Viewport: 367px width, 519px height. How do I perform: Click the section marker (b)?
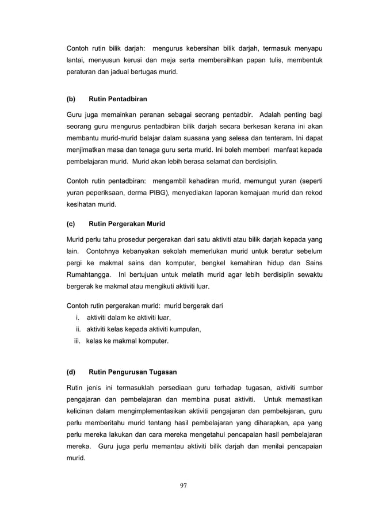tap(71, 99)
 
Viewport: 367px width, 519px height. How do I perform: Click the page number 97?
tap(183, 486)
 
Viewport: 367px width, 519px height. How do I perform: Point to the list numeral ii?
tap(78, 329)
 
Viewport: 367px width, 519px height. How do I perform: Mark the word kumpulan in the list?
tap(183, 329)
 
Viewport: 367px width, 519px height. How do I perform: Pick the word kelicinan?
tap(82, 411)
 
